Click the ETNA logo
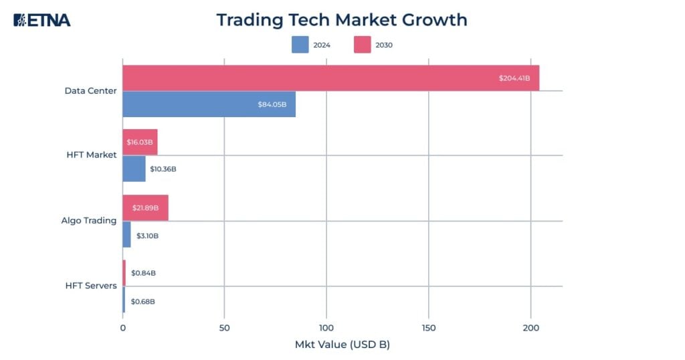(41, 20)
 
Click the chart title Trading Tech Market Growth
(341, 19)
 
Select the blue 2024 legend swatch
(300, 45)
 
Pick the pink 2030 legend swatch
(363, 45)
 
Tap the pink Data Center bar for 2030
(330, 78)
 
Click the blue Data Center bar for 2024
(209, 104)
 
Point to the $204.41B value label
(514, 78)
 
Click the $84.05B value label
(273, 104)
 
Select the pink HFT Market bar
(140, 142)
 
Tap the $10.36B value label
(163, 169)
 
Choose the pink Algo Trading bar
(145, 208)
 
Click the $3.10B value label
(147, 236)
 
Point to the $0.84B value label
(143, 273)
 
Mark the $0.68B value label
(142, 302)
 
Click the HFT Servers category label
(91, 286)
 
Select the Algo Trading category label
(89, 220)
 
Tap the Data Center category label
(90, 90)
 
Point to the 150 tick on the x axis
(429, 328)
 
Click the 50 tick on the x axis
(224, 328)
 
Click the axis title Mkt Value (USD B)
(342, 345)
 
